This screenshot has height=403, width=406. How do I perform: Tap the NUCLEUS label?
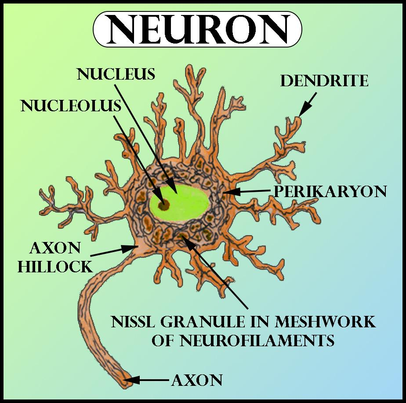point(116,74)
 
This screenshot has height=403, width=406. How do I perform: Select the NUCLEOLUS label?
point(70,106)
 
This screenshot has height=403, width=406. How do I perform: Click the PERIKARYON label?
point(330,191)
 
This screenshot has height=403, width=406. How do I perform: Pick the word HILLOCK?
point(55,266)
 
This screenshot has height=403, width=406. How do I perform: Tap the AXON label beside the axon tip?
point(197,379)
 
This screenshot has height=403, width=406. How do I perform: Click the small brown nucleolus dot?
point(163,204)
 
